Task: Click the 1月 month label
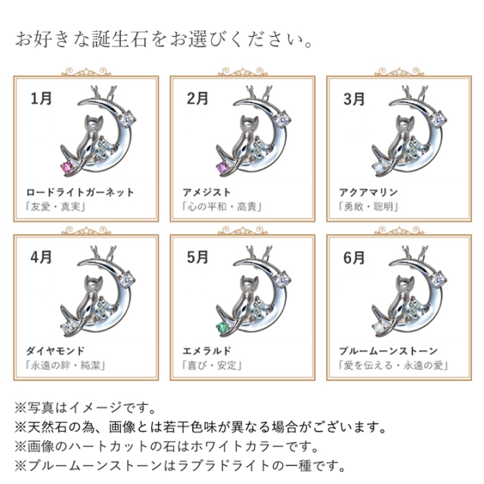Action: [x=42, y=98]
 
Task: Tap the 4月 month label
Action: [x=42, y=257]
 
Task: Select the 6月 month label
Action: [x=355, y=258]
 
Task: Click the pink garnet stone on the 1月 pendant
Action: [x=67, y=167]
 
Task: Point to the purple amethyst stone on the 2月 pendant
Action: [x=223, y=168]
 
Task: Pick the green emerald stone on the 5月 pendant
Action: [x=222, y=327]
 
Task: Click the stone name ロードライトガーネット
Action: [x=80, y=193]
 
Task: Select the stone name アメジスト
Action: [x=206, y=193]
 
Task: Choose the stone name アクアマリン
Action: [x=368, y=193]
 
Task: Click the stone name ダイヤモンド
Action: [x=55, y=351]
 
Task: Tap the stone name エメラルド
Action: [x=206, y=351]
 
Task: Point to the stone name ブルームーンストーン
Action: [x=388, y=351]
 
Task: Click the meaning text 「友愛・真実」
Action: [x=55, y=206]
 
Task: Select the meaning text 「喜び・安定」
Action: [x=212, y=365]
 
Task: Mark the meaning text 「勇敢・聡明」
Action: [x=368, y=206]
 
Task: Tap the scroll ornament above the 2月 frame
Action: [x=243, y=73]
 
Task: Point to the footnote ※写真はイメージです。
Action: [x=85, y=408]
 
